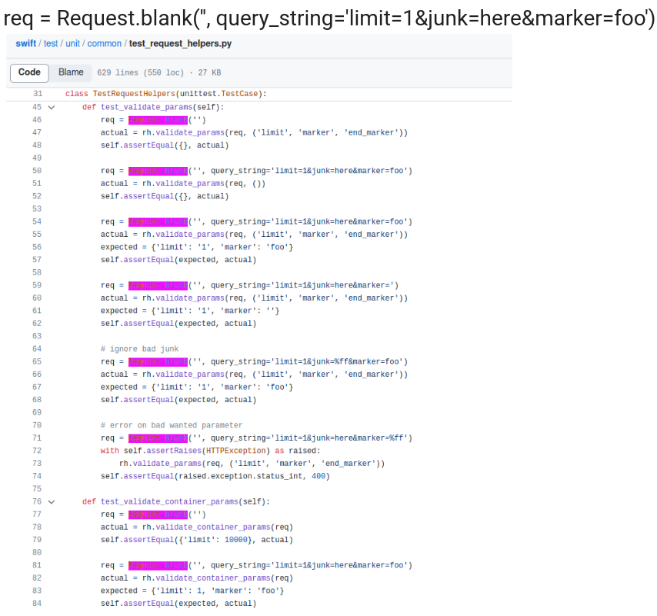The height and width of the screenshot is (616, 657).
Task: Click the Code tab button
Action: [29, 72]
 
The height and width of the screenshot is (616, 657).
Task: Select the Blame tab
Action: [71, 72]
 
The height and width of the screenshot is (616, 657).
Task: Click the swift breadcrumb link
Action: [25, 44]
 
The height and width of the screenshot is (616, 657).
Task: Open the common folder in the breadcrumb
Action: [104, 44]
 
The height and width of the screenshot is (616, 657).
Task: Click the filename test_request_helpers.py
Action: [180, 44]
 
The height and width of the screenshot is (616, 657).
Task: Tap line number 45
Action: [37, 107]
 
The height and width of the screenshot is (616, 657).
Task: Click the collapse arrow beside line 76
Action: [52, 501]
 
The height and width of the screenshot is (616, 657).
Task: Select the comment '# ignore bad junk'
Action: [139, 349]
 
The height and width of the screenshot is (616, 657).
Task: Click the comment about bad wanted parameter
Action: [172, 425]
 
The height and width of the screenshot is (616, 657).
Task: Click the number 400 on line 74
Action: [318, 476]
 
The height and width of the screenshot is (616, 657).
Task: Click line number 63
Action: [37, 336]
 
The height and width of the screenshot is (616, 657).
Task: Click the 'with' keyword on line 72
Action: [109, 451]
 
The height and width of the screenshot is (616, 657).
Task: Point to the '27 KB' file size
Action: [209, 73]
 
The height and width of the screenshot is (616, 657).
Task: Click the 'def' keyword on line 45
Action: [89, 107]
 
